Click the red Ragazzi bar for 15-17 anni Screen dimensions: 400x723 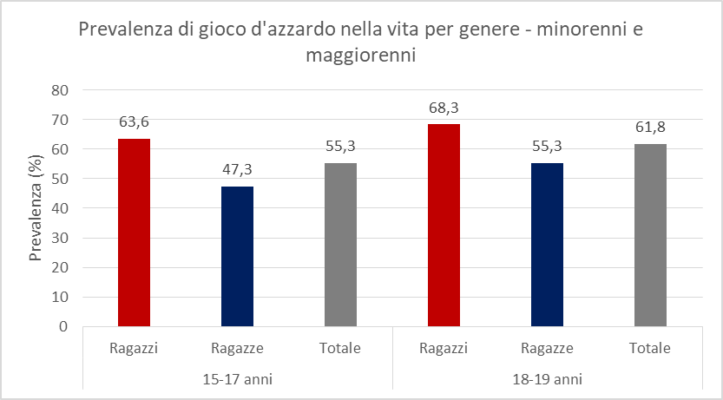tap(134, 233)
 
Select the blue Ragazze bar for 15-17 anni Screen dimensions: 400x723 tap(237, 257)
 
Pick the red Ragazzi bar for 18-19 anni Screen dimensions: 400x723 tap(444, 226)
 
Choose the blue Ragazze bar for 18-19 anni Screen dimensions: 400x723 tap(547, 245)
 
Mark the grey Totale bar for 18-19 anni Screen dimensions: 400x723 tap(650, 235)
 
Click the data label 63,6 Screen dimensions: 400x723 tap(134, 121)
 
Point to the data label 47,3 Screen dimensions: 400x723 tap(237, 169)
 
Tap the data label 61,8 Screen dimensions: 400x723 tap(650, 127)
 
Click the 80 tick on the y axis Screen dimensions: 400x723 tap(59, 90)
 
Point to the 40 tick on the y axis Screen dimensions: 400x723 tap(59, 208)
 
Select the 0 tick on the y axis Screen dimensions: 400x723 tap(63, 327)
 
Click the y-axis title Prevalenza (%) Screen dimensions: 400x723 tap(36, 208)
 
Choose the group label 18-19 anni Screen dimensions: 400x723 tap(547, 379)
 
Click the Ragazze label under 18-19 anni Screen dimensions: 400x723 tap(547, 349)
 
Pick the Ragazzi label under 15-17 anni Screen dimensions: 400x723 tap(134, 349)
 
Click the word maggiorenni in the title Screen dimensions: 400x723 tap(361, 56)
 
